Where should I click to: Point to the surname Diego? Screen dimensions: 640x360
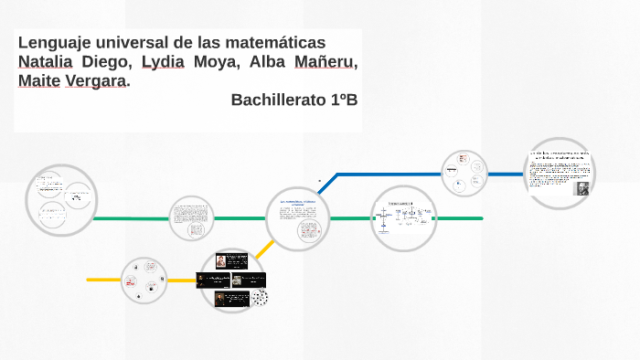(x=107, y=62)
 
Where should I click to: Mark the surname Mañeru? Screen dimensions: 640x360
(x=325, y=62)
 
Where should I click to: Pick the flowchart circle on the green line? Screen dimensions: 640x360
(x=403, y=218)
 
